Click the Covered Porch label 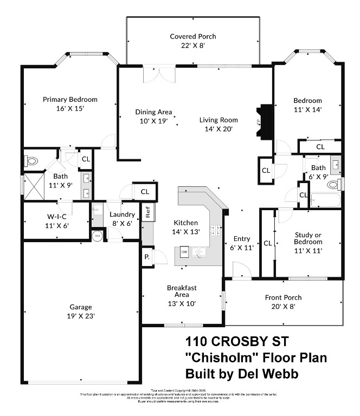coord(192,36)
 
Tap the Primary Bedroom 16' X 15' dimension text coord(70,108)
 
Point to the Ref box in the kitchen coord(147,211)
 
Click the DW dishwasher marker coord(184,252)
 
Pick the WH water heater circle coord(98,236)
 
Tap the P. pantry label coord(147,258)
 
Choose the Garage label coord(80,307)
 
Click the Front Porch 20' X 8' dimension coord(283,307)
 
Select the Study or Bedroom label coord(308,239)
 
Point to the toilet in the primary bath coord(31,161)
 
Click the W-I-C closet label coord(57,216)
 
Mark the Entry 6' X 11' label coord(241,243)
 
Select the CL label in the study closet coord(267,243)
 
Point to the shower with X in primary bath coord(33,186)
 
